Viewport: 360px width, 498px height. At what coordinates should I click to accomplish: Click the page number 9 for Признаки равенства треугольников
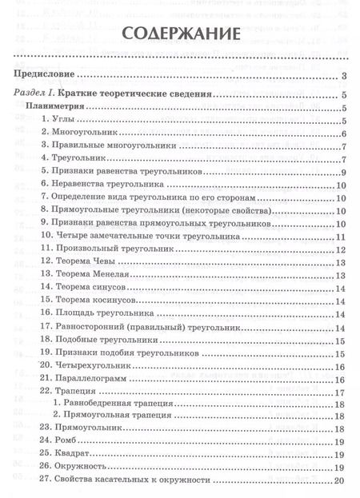342,173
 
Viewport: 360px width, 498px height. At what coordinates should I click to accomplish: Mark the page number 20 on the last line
338,480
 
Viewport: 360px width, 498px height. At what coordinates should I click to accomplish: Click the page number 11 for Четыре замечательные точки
339,237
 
